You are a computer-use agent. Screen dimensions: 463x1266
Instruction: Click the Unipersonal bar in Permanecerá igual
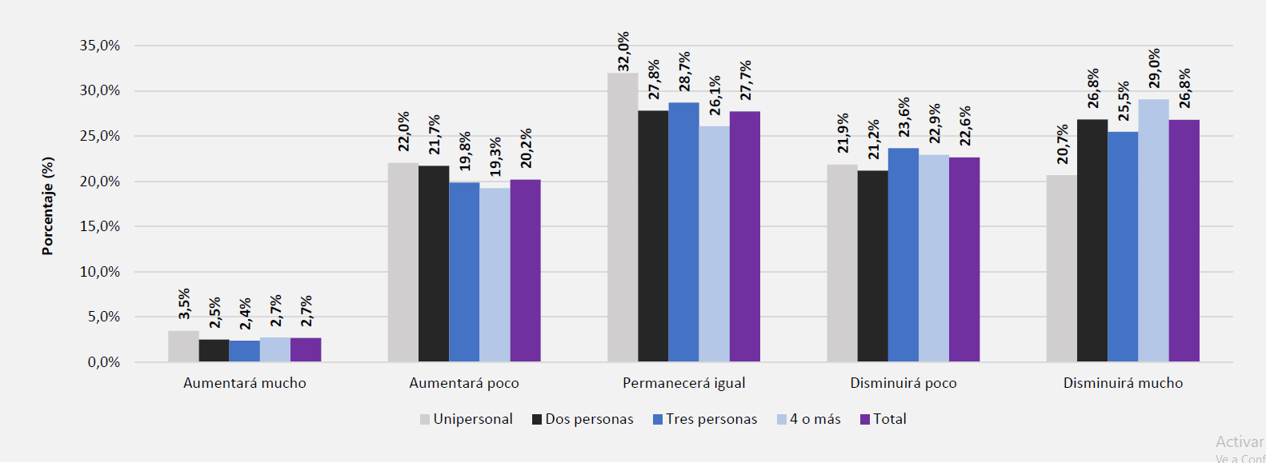[622, 218]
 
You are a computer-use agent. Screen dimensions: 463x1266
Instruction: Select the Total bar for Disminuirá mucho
[1184, 241]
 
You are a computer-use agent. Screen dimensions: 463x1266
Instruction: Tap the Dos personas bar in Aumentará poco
[433, 264]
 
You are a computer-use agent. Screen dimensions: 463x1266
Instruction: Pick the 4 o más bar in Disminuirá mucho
[1153, 230]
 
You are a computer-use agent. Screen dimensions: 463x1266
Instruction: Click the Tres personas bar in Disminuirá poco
[903, 255]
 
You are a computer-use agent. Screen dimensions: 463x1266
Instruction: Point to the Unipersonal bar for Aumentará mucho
[183, 346]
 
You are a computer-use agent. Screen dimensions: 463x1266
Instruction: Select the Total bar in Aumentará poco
[525, 270]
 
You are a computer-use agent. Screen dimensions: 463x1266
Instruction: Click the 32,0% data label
[623, 51]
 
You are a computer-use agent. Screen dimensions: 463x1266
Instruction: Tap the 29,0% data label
[1154, 68]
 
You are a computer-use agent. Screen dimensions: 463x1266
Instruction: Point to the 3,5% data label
[184, 304]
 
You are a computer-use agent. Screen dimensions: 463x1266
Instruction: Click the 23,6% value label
[903, 117]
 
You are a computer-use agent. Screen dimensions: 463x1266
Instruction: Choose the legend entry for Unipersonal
[466, 419]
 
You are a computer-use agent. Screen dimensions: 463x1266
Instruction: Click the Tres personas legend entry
[704, 419]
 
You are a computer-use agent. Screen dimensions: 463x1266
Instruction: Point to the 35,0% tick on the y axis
[99, 46]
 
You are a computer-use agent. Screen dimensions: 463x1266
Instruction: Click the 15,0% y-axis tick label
[99, 226]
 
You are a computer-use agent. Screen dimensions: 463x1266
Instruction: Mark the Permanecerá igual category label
[683, 383]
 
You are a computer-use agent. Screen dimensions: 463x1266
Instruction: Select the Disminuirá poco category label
[903, 383]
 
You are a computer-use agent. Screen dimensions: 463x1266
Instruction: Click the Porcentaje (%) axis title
[48, 206]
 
